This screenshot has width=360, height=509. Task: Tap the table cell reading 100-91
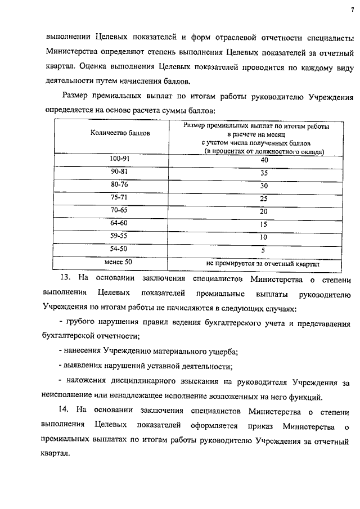(120, 159)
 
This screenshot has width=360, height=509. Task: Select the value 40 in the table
(264, 160)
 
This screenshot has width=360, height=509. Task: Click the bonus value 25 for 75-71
(264, 199)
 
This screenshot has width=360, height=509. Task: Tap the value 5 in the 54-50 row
(263, 250)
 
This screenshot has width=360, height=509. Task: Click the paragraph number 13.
(65, 278)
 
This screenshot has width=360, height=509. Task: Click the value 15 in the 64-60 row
(263, 224)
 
